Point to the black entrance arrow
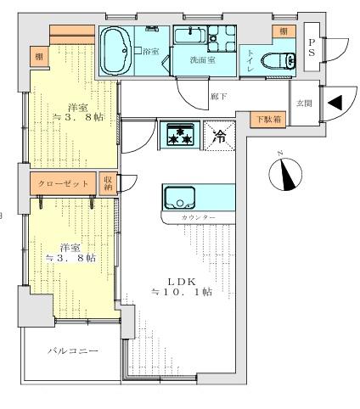click(335, 103)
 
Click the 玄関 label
click(304, 103)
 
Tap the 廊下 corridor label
click(217, 96)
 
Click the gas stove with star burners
click(179, 135)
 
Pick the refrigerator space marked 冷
click(218, 135)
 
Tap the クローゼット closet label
click(63, 182)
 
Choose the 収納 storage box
click(108, 182)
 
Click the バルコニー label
click(72, 350)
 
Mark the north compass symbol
click(285, 172)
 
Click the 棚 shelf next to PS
click(278, 31)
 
